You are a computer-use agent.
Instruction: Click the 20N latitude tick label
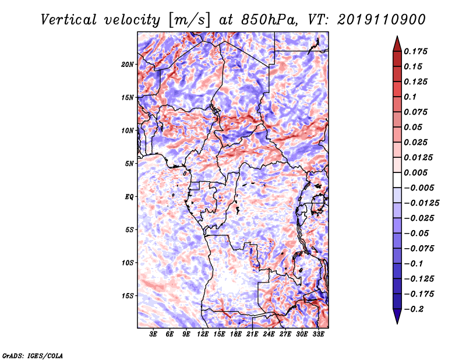[128, 65]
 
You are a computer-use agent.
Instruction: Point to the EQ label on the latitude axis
[129, 197]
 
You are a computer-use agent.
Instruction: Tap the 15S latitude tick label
[128, 296]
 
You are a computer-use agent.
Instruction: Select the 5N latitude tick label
[129, 164]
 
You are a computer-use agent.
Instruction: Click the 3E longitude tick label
[153, 334]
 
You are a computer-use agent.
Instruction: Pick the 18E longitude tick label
[236, 334]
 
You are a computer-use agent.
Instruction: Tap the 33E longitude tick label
[318, 334]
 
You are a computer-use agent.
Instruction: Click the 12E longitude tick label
[203, 334]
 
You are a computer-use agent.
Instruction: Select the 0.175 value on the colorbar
[415, 51]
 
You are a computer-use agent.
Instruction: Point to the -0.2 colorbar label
[414, 309]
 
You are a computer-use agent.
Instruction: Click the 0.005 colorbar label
[415, 172]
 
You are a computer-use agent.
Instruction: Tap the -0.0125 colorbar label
[421, 203]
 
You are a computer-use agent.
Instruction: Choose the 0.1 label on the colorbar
[410, 97]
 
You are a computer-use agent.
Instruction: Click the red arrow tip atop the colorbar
[397, 37]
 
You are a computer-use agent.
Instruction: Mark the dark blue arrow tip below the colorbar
[397, 323]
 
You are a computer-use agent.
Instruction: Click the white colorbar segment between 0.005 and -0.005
[397, 180]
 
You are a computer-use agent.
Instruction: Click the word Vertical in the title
[69, 20]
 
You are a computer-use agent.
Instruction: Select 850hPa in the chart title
[269, 20]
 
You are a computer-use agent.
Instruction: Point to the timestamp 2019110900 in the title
[382, 20]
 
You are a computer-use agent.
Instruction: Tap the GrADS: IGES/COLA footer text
[33, 355]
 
